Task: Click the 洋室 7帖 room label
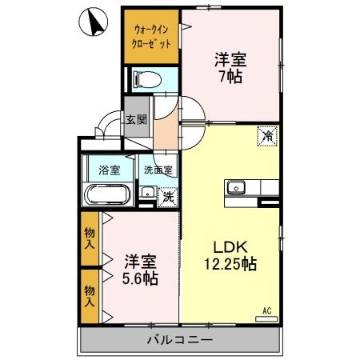click(229, 67)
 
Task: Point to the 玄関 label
click(135, 120)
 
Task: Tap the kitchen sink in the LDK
click(237, 188)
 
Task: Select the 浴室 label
click(108, 170)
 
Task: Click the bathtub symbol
click(107, 195)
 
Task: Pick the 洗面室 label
click(157, 170)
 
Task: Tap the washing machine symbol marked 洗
click(167, 196)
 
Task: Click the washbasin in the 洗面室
click(147, 193)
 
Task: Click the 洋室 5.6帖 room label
click(140, 269)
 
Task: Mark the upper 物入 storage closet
click(90, 238)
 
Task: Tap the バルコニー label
click(179, 340)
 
